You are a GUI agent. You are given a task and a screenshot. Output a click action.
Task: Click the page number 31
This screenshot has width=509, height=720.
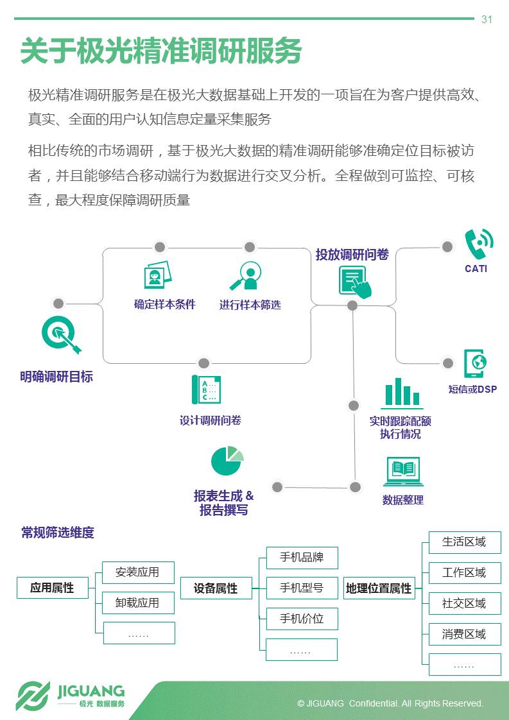point(487,19)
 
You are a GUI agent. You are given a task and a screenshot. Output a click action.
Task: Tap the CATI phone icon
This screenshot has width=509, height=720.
point(478,244)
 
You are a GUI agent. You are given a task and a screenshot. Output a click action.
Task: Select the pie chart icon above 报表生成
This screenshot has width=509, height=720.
point(227,460)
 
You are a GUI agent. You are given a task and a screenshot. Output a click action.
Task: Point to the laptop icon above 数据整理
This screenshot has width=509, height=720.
point(403,472)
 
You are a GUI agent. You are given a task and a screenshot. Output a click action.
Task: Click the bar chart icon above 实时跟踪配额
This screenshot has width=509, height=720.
point(402,393)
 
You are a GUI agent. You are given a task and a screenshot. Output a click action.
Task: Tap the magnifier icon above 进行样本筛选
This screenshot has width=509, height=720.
point(246,277)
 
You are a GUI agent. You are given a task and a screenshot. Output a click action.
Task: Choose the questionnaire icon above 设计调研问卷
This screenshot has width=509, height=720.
point(206,390)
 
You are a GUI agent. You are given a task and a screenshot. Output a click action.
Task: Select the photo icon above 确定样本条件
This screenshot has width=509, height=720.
point(157,275)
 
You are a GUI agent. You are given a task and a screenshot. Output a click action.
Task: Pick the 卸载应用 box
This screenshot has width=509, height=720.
point(138,603)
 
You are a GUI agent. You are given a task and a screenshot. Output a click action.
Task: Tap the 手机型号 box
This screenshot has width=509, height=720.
point(302,588)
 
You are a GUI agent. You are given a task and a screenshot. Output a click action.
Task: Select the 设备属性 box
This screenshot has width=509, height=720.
point(216,588)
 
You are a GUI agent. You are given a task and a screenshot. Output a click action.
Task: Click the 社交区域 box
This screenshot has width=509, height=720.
point(465,604)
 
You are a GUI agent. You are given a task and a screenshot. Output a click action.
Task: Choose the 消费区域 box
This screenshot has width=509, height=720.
point(465,635)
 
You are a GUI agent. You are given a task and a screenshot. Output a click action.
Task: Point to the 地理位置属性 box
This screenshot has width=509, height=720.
point(379,588)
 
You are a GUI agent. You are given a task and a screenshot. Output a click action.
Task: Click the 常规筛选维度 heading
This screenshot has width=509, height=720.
point(58,533)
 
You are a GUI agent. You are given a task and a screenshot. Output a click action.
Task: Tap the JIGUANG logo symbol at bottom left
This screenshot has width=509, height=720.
point(33,696)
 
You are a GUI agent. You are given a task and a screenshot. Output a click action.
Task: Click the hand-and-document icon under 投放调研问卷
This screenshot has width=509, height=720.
point(355,282)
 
